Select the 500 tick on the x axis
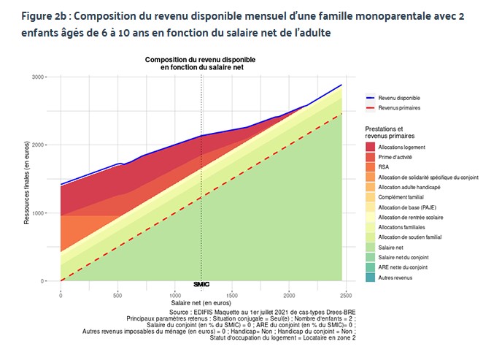[117, 294]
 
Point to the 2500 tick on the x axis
[346, 294]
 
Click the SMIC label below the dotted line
[201, 284]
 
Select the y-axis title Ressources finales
[27, 179]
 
